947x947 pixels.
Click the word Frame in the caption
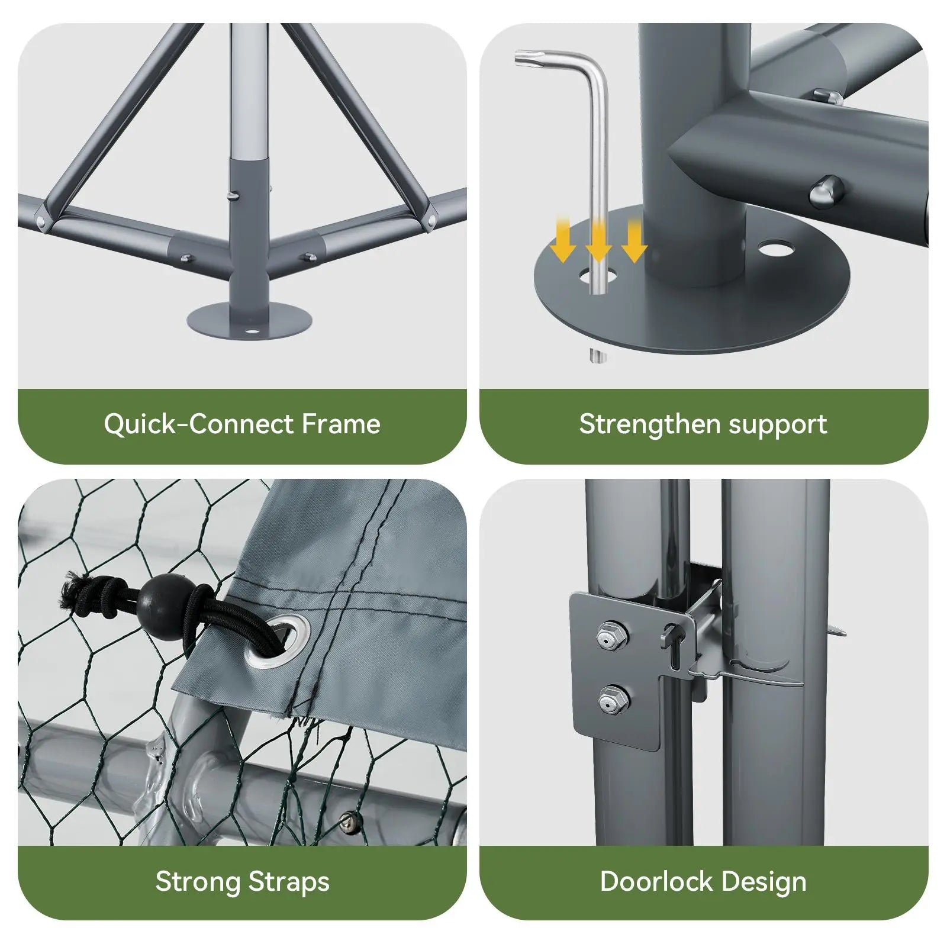[341, 424]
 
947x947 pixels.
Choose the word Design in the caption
[764, 882]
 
